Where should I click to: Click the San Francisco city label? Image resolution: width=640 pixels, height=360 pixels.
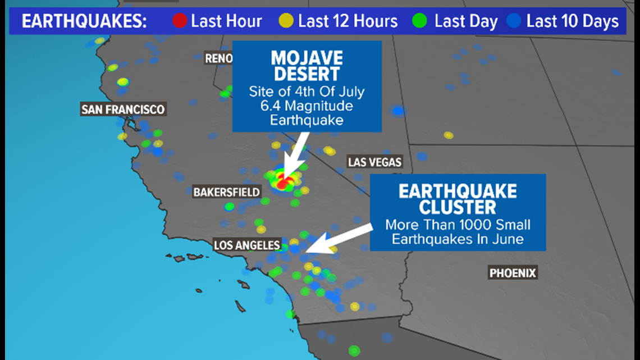pyautogui.click(x=123, y=110)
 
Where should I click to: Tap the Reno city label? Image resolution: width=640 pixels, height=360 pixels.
pyautogui.click(x=218, y=59)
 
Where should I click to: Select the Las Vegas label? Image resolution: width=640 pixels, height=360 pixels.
pyautogui.click(x=374, y=162)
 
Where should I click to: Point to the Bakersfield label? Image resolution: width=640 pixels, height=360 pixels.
pyautogui.click(x=227, y=192)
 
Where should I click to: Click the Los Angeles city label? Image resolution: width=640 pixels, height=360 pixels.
pyautogui.click(x=247, y=245)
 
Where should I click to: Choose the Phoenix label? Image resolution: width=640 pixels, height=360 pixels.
pyautogui.click(x=512, y=272)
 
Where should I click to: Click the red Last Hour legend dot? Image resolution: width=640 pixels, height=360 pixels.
pyautogui.click(x=180, y=21)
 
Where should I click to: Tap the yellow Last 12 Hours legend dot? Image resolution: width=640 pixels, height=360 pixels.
pyautogui.click(x=286, y=21)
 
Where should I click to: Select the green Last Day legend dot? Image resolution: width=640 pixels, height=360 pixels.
pyautogui.click(x=419, y=21)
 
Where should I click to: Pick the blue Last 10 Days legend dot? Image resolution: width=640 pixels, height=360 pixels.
pyautogui.click(x=514, y=21)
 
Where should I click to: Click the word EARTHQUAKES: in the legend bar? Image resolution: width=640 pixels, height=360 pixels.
pyautogui.click(x=84, y=21)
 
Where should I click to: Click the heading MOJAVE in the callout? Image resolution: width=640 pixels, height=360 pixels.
pyautogui.click(x=307, y=58)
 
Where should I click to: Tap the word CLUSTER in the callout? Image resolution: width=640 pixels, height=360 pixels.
pyautogui.click(x=458, y=207)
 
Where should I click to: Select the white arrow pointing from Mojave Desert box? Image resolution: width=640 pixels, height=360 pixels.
pyautogui.click(x=296, y=155)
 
